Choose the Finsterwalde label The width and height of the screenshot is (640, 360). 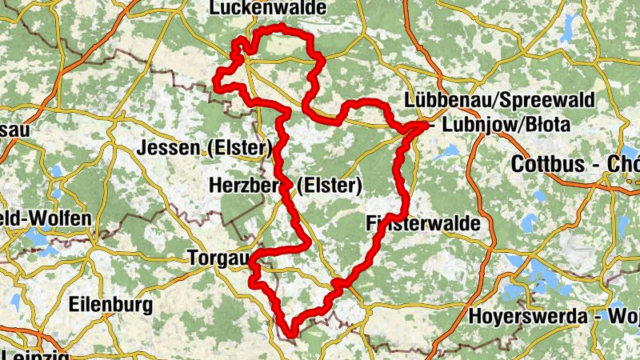point(424,223)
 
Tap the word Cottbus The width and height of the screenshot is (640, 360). point(553,166)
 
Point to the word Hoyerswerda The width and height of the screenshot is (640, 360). point(530,315)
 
